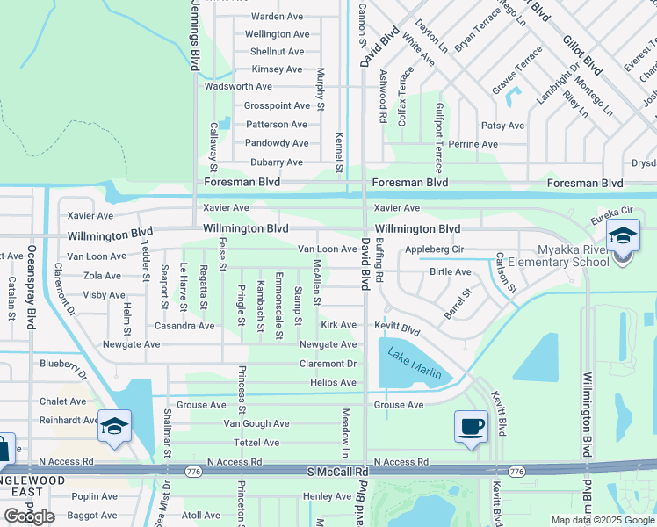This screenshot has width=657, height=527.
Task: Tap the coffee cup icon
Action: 472,427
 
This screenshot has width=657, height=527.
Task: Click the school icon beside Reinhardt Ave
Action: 114,427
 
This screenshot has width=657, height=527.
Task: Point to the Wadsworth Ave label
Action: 238,87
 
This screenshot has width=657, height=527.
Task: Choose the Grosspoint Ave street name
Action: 277,105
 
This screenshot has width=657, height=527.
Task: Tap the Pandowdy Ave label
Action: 277,143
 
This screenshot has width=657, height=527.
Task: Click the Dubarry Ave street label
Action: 276,162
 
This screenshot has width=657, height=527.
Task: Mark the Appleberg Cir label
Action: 434,249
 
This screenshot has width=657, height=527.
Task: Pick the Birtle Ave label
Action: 451,272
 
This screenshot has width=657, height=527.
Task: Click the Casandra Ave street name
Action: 184,326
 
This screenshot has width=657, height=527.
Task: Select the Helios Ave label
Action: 333,383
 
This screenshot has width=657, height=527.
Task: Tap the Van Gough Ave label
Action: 256,423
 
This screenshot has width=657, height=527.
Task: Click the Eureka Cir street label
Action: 611,213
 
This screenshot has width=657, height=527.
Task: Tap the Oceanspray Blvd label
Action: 32,285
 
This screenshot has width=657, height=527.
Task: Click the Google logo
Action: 30,516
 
